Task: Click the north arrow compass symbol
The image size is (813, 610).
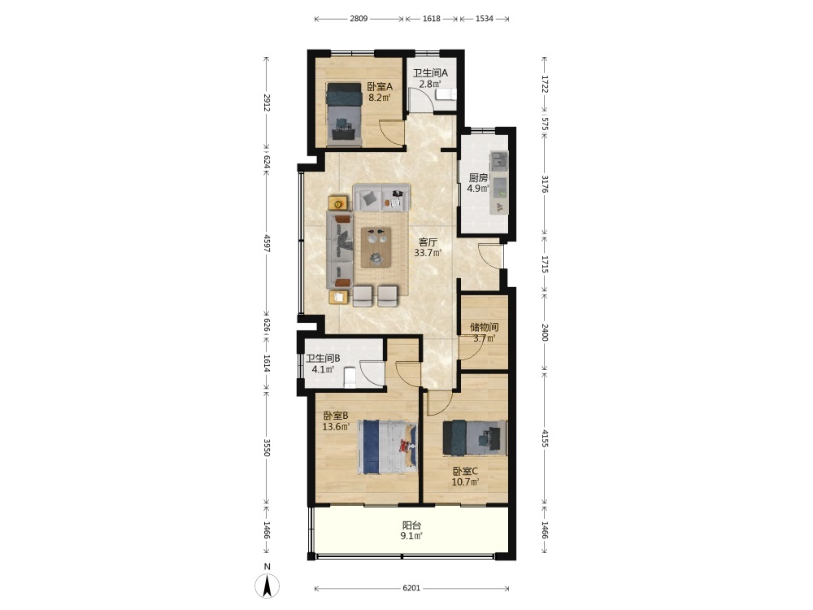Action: [x=267, y=586]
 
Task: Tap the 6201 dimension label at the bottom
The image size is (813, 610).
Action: [x=411, y=588]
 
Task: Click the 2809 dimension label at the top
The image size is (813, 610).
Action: [x=359, y=19]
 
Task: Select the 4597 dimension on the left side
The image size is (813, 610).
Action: [x=267, y=243]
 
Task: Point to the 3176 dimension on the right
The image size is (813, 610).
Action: [x=545, y=184]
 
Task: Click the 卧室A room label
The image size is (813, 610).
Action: [x=380, y=86]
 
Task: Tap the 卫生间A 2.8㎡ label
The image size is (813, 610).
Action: [x=430, y=78]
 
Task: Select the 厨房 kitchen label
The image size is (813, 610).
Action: [x=478, y=177]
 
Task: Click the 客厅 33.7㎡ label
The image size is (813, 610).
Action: [x=428, y=247]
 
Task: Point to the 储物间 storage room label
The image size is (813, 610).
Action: [x=485, y=327]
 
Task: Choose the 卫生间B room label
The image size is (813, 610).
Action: [x=323, y=358]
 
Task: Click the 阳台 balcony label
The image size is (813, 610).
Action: [x=411, y=525]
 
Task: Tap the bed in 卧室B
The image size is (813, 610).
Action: [x=387, y=447]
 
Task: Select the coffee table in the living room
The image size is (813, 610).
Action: [x=377, y=247]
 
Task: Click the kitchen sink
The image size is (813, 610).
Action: [x=499, y=161]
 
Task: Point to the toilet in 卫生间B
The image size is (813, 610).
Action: [x=350, y=377]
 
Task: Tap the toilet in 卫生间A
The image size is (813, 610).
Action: [x=446, y=94]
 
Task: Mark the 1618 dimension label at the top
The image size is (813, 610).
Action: [x=432, y=19]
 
